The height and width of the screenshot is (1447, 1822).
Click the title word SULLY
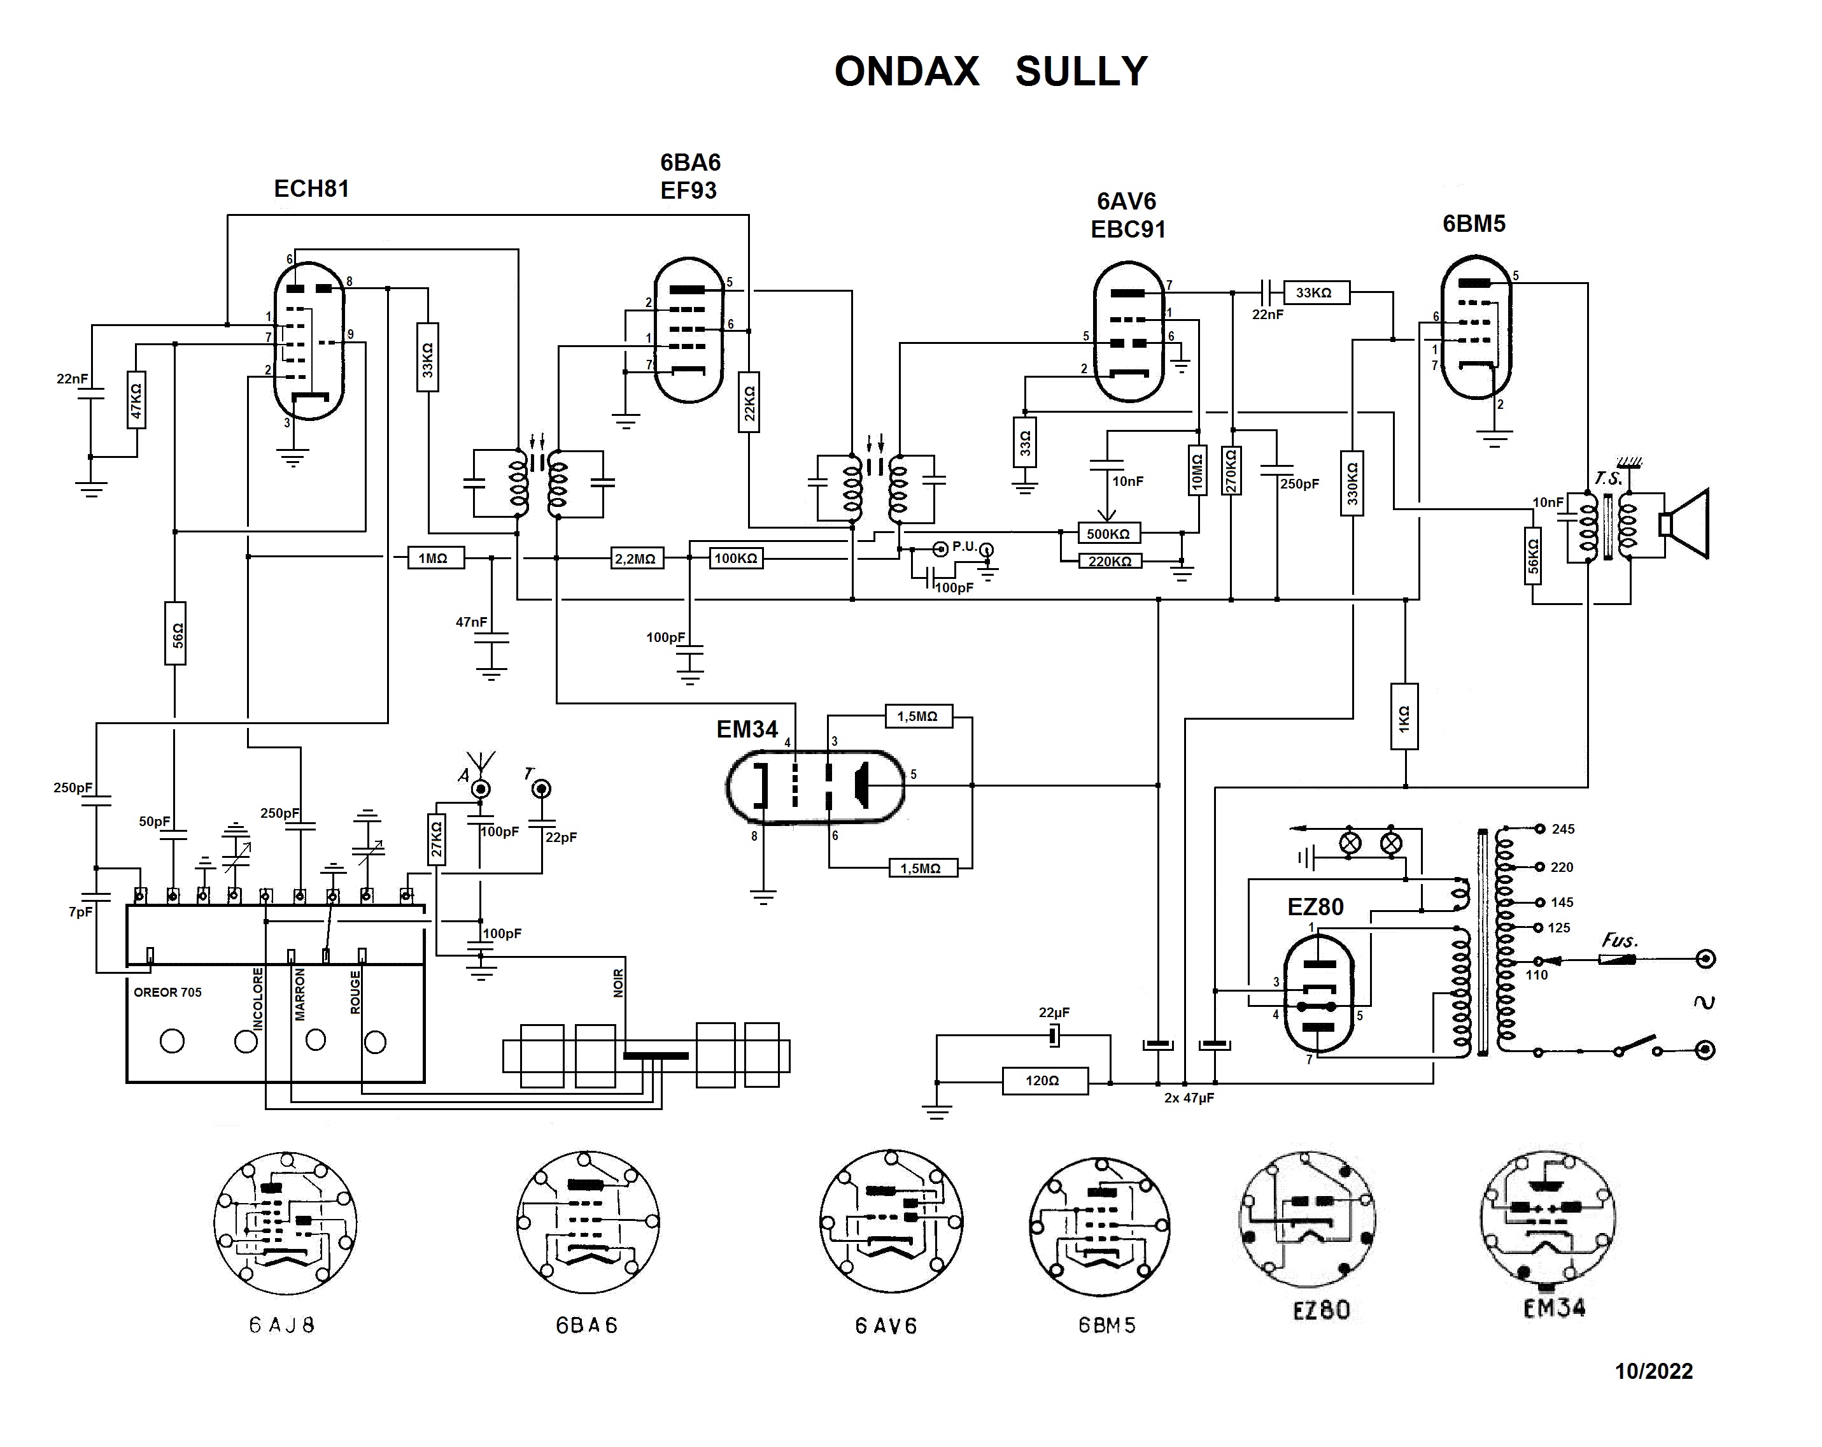tap(1081, 72)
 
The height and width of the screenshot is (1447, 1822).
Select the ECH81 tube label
tap(311, 189)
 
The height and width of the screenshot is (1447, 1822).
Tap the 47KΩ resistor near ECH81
tap(136, 400)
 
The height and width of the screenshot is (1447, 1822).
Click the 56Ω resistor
tap(175, 633)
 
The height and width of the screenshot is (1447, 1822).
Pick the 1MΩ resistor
tap(435, 559)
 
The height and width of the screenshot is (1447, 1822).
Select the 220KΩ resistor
tap(1110, 561)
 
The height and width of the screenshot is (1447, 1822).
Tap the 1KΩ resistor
tap(1404, 716)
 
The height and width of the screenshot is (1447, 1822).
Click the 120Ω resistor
tap(1045, 1081)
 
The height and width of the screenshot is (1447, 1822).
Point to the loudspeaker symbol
tap(1685, 524)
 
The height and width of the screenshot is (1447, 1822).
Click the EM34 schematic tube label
tap(746, 729)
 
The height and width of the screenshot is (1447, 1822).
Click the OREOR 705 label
tap(167, 992)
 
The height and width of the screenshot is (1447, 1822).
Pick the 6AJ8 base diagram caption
tap(282, 1325)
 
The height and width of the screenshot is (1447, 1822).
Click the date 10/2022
tap(1653, 1372)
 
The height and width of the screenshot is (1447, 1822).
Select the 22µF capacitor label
tap(1054, 1013)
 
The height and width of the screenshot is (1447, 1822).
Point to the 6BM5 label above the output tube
tap(1474, 224)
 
